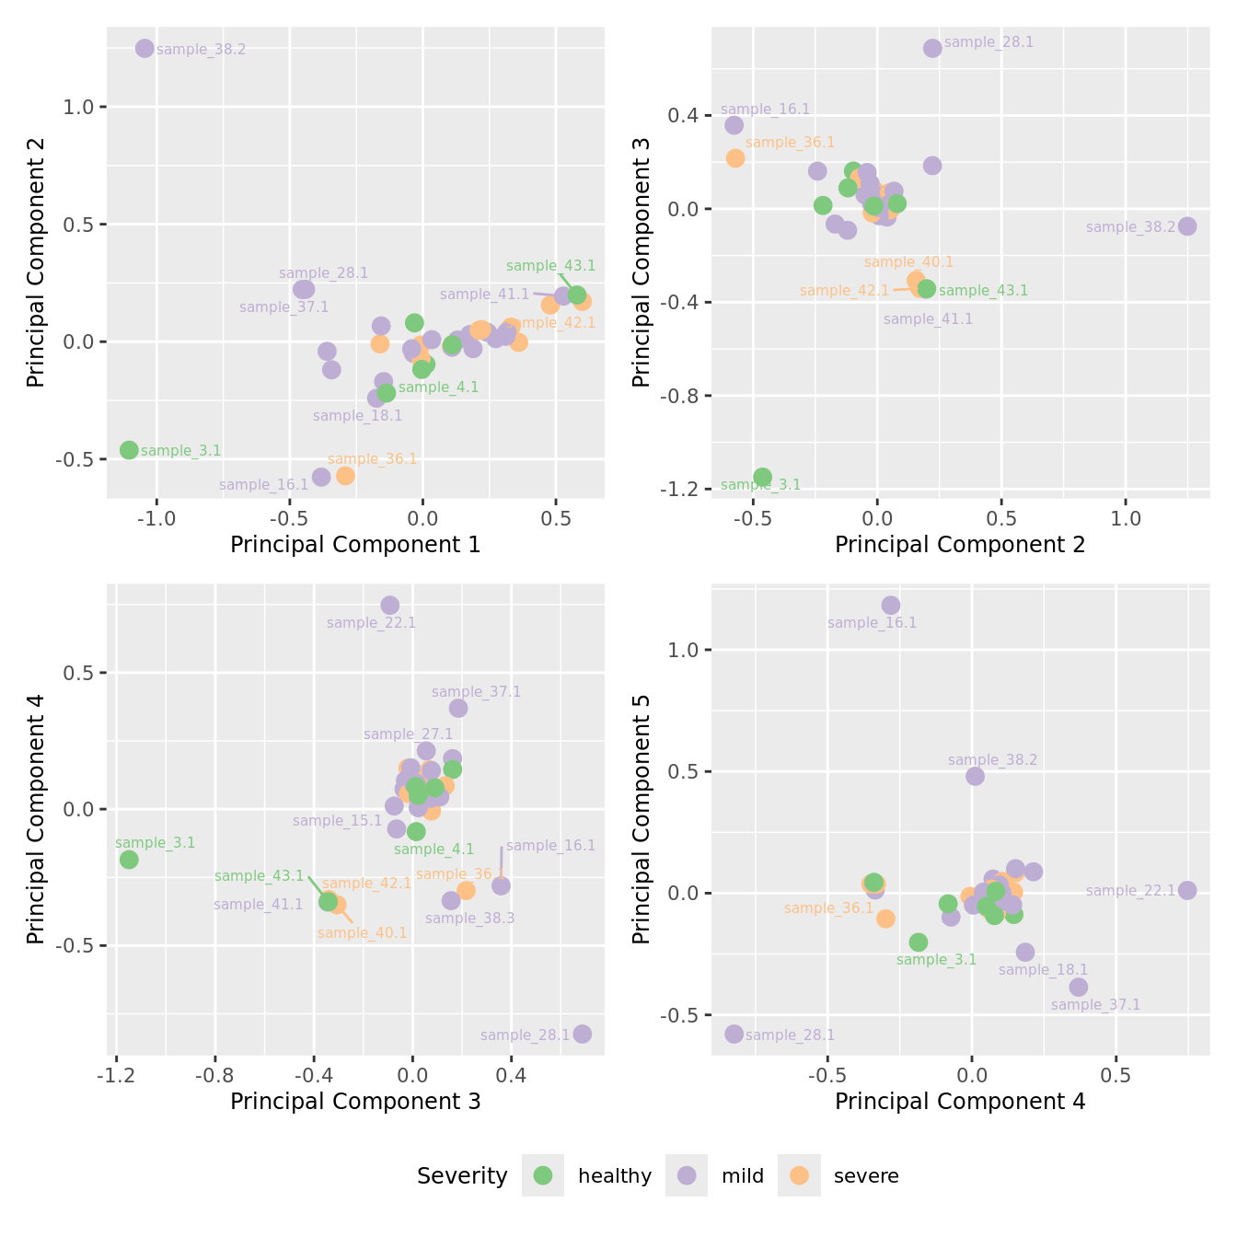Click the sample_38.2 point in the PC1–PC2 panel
click(x=145, y=48)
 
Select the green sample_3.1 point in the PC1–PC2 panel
click(x=129, y=450)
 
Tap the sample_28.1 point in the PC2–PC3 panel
click(x=932, y=48)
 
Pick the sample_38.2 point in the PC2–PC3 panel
click(x=1187, y=226)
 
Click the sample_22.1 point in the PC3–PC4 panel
click(x=390, y=605)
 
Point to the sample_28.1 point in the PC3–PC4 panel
click(x=583, y=1034)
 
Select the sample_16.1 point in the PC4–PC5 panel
click(x=891, y=605)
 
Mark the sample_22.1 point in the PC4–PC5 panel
click(x=1187, y=890)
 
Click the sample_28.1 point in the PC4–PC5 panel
click(x=734, y=1034)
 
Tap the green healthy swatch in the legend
click(x=543, y=1175)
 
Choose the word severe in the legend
click(x=865, y=1176)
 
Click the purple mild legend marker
click(x=687, y=1175)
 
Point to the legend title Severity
click(x=462, y=1176)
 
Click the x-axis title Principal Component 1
click(x=355, y=545)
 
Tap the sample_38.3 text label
click(x=469, y=918)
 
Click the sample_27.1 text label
click(x=408, y=734)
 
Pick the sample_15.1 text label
click(x=337, y=821)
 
